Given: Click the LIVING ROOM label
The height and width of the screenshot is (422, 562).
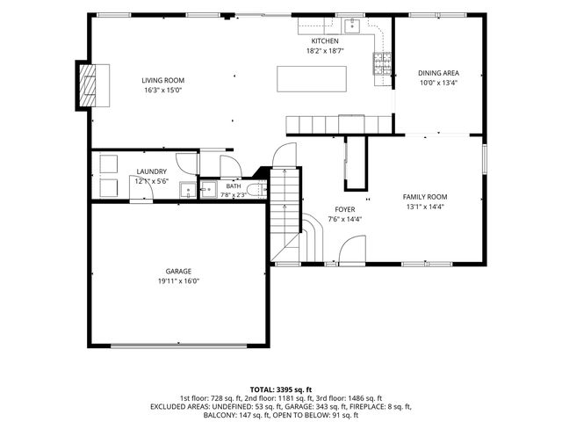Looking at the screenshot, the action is coord(162,80).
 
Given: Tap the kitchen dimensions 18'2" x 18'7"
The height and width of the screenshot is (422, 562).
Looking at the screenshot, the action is coord(325,51).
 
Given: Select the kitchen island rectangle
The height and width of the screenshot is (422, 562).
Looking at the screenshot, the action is coord(312,79).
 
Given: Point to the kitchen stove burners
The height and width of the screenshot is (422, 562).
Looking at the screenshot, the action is coord(382,63).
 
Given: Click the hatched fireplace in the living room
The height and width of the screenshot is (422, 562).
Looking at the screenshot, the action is coord(88,85).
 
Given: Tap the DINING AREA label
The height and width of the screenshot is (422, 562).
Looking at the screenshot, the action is coord(438,73).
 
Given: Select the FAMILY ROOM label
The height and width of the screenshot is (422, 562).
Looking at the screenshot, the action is coord(425,197).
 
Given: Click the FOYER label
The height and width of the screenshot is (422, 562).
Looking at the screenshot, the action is coord(345,209).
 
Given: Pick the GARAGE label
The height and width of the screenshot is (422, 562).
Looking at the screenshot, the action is coord(178,272).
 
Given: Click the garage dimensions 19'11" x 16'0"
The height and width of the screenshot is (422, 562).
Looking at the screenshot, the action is coord(178,281).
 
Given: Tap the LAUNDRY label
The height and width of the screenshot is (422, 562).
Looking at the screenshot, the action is coord(152,172).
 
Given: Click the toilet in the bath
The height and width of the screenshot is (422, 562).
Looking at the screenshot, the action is coord(257,190).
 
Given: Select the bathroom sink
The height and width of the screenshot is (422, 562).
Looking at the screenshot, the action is coord(208,189).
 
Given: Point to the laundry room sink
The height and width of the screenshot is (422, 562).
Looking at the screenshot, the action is coord(188,190).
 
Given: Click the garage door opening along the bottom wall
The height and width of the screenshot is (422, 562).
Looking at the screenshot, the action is coord(178,346).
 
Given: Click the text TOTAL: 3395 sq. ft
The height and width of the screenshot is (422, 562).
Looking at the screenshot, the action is coord(281,389).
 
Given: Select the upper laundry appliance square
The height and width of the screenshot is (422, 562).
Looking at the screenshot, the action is coord(109,164).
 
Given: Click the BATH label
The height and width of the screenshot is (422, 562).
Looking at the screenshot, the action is coord(234,186).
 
